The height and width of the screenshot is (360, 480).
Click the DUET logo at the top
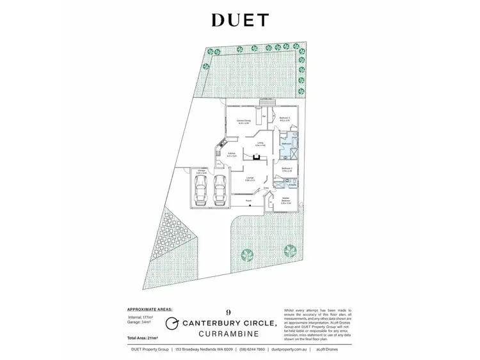coord(240,20)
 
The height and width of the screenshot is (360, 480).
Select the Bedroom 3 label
coord(285,118)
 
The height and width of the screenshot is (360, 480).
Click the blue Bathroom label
coord(287,145)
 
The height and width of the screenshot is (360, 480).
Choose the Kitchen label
coord(223,154)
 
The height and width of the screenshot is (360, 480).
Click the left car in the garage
coord(200,190)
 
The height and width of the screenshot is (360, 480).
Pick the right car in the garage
coord(219,190)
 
